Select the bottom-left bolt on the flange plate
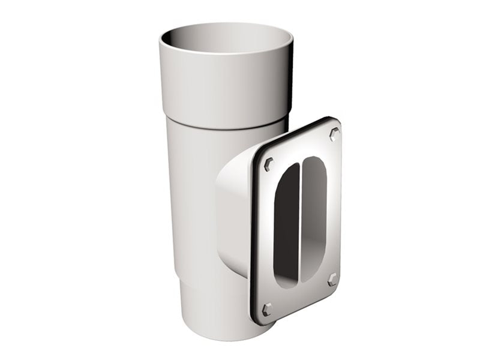267,310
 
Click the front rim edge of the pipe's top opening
226,53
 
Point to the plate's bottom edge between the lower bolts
300,303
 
